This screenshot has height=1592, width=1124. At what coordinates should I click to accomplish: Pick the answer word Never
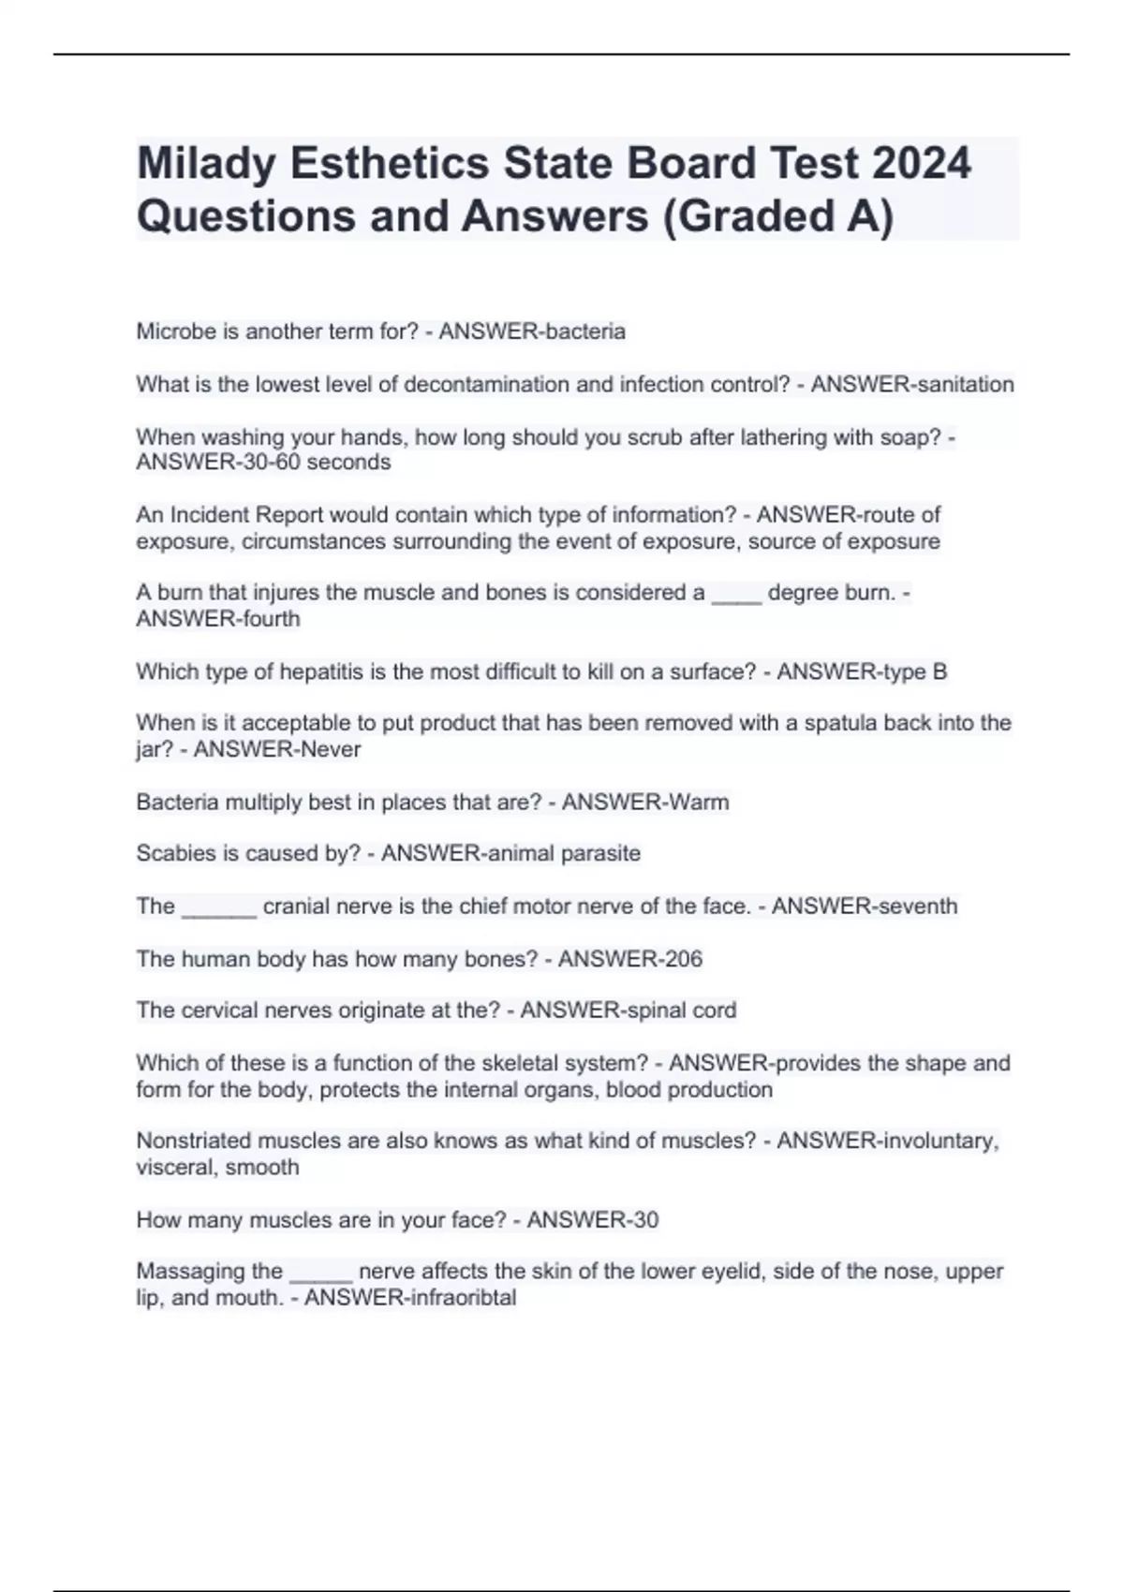pos(331,749)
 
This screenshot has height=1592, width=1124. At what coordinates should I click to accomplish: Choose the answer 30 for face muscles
pos(645,1220)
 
